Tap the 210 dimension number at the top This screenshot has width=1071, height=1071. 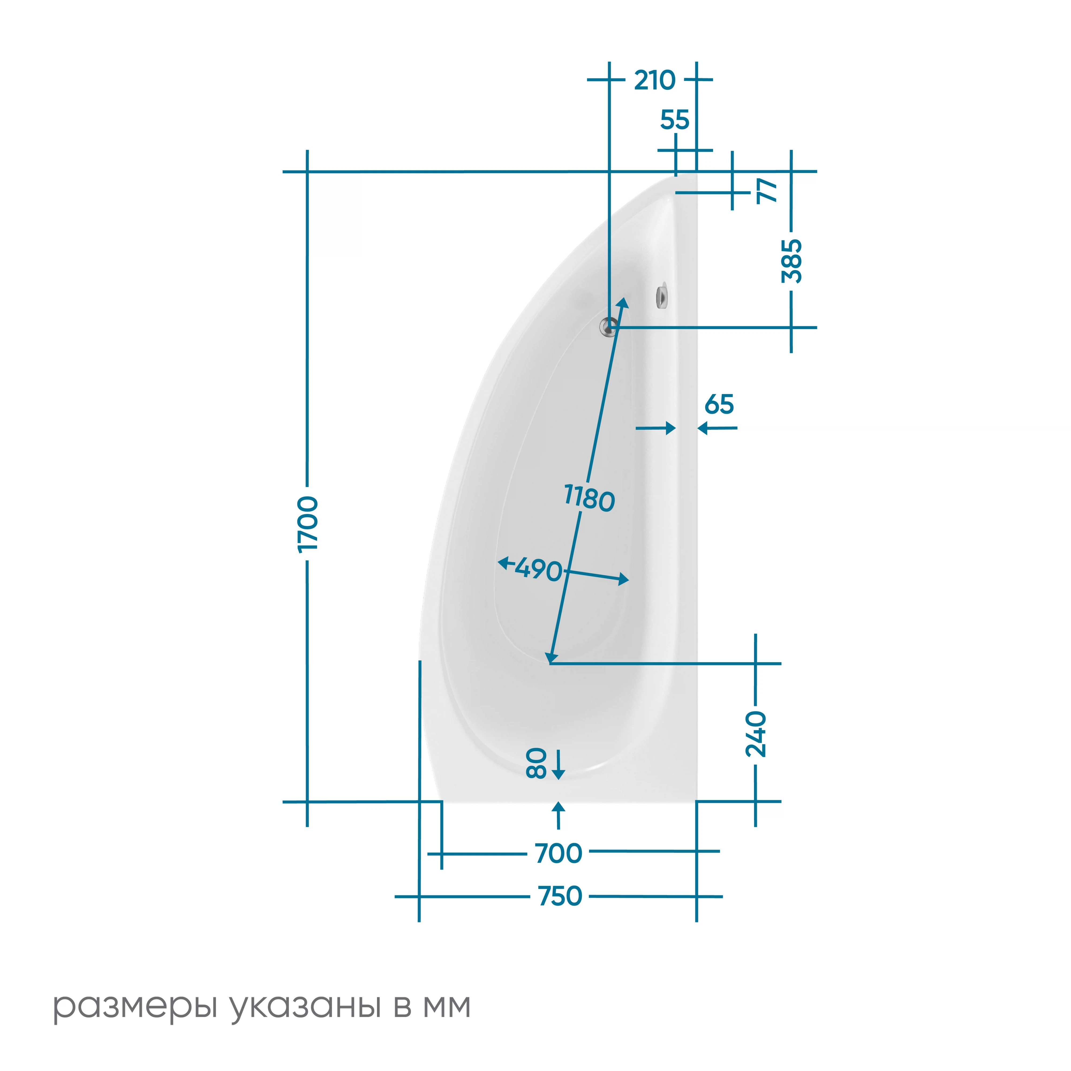(x=655, y=80)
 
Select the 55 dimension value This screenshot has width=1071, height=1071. (x=675, y=120)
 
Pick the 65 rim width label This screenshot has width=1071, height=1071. (x=719, y=405)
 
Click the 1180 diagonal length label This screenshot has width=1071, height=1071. (x=589, y=498)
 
